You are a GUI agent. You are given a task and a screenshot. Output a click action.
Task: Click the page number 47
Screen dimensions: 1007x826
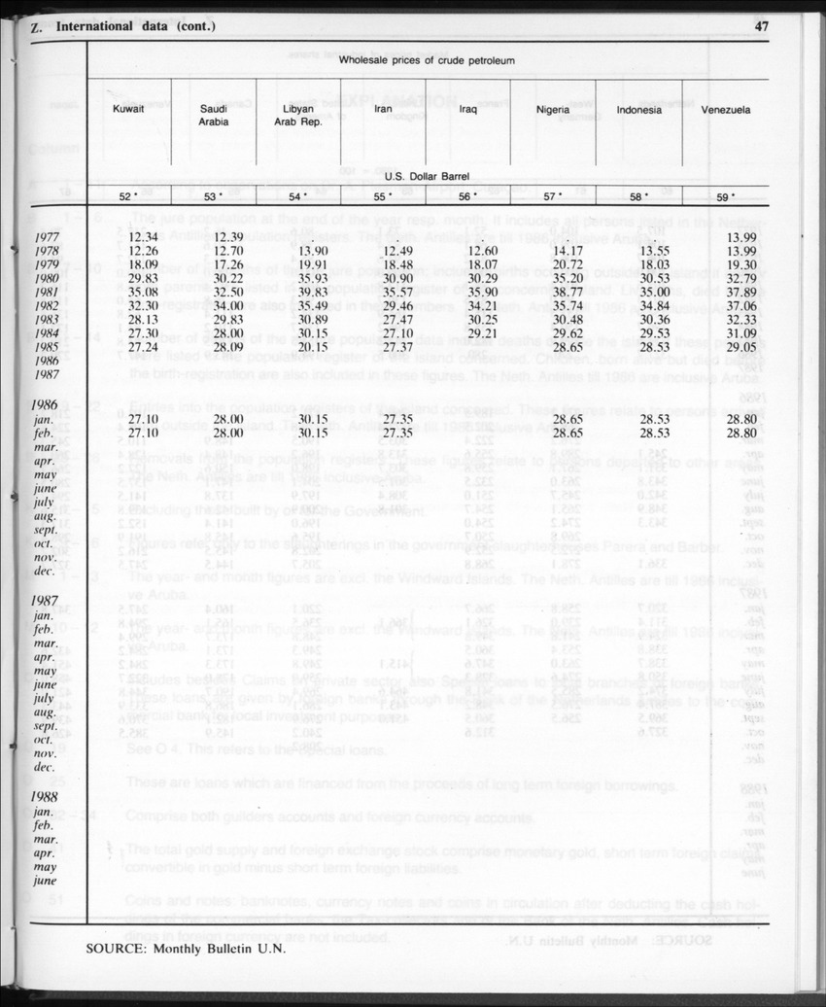click(x=761, y=26)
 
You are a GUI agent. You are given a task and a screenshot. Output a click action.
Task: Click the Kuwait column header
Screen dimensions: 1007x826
click(x=128, y=110)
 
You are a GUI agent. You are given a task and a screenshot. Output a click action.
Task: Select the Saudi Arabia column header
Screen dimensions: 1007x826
click(x=214, y=116)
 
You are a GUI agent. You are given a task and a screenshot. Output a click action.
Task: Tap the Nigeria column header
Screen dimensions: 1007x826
click(x=552, y=110)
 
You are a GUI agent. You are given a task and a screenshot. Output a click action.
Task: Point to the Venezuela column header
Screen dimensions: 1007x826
click(x=725, y=110)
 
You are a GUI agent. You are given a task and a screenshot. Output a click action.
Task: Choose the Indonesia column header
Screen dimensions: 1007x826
click(x=638, y=110)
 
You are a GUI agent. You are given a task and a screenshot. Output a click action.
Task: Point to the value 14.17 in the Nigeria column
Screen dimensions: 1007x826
click(x=567, y=251)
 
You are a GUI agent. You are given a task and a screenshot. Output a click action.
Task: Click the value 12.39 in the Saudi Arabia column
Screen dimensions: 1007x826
click(x=226, y=237)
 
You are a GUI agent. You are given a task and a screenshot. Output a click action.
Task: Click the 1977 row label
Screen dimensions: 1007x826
click(x=49, y=237)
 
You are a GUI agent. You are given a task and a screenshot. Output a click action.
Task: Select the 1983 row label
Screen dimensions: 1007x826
click(x=49, y=319)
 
